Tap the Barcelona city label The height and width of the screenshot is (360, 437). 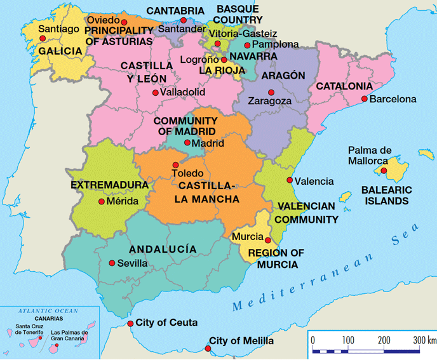(x=393, y=99)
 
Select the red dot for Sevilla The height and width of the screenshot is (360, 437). (x=112, y=263)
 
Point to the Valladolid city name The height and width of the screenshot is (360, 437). (x=183, y=92)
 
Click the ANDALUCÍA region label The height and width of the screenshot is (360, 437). (x=163, y=250)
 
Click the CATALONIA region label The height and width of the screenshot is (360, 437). (x=344, y=86)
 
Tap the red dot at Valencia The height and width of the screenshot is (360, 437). (x=290, y=180)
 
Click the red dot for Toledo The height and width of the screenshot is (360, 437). (x=175, y=165)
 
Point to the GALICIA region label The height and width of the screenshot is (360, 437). (x=60, y=51)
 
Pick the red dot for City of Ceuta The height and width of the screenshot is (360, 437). (x=131, y=323)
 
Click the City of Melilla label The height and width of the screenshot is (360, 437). (x=241, y=342)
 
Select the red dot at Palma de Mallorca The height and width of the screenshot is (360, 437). (x=383, y=171)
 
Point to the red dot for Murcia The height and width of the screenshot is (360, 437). (x=267, y=241)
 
